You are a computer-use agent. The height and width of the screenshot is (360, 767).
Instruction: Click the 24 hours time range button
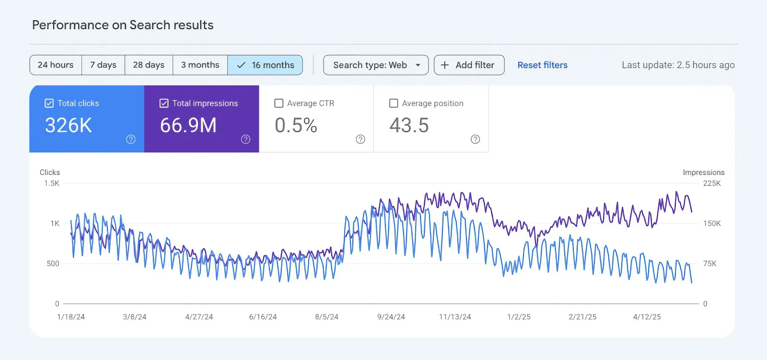56,65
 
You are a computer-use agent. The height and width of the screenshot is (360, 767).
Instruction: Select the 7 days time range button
103,65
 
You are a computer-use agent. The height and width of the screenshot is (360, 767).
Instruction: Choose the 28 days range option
149,65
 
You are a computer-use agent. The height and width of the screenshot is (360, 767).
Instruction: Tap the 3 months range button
200,65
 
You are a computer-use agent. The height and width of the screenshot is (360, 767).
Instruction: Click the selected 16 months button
265,65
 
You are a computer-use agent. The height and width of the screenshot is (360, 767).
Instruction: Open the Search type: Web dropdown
376,65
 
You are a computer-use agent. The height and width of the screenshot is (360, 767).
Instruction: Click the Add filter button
469,65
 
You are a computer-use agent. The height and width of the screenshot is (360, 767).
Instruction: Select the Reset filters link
542,65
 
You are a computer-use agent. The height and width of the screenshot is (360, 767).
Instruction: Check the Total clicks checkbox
49,103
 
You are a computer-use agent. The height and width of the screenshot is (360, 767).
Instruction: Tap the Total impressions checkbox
163,103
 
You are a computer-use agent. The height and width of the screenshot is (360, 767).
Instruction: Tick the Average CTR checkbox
279,103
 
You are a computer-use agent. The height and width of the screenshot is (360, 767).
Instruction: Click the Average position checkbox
394,103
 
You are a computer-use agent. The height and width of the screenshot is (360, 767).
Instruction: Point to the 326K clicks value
69,126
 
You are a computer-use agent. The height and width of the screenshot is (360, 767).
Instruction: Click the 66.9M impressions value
188,126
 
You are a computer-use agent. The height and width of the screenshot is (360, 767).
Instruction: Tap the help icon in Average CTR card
360,139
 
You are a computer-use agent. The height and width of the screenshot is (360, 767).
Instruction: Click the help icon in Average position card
475,139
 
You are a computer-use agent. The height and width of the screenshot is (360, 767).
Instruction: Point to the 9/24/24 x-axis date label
391,317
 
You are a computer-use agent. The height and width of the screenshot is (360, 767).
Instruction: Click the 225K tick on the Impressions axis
712,183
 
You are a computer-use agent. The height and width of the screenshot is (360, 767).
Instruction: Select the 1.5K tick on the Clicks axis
52,183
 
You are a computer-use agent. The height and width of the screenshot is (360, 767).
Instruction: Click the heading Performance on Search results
123,25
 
